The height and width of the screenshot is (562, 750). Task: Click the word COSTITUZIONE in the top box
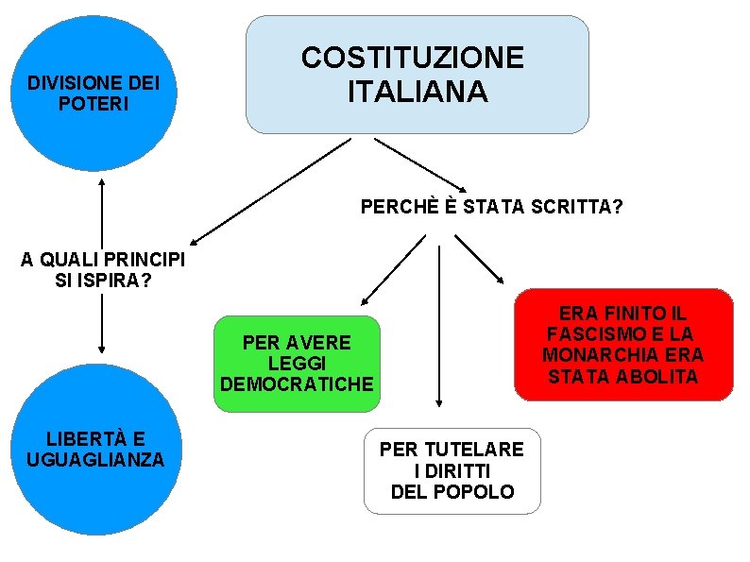click(412, 58)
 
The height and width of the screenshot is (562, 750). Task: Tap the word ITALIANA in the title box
click(418, 92)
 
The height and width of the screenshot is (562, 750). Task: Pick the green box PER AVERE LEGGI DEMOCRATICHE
click(297, 364)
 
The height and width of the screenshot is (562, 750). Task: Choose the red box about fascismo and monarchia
click(623, 345)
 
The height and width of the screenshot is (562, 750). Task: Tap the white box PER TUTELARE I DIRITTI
click(452, 470)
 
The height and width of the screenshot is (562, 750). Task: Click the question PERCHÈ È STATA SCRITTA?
click(491, 206)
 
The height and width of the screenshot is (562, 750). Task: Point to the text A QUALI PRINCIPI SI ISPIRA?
click(103, 270)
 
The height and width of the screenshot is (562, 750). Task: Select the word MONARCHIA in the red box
click(622, 355)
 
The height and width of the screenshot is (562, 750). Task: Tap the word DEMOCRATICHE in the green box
click(297, 384)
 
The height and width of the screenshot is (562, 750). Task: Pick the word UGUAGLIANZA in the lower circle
click(95, 460)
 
